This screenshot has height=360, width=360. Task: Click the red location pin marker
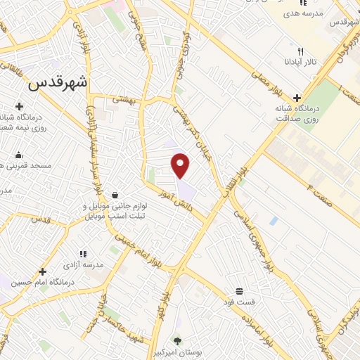181,165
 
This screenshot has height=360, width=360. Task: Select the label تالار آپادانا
301,63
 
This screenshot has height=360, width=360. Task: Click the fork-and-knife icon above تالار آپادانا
301,51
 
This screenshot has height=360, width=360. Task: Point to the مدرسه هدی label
303,13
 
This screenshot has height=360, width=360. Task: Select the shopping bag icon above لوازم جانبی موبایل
115,195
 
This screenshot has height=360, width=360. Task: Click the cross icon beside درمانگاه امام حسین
43,271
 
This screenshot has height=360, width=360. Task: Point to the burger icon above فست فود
240,291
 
